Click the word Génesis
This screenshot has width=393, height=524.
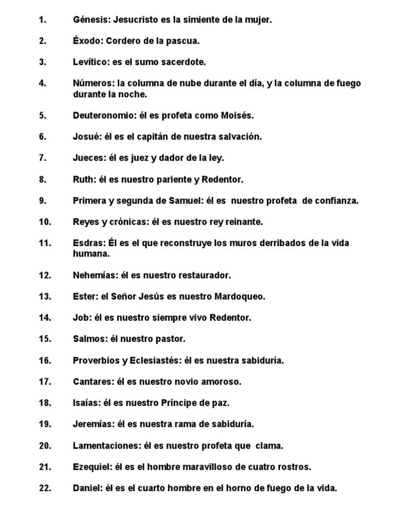point(91,20)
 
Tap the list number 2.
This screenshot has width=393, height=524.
point(42,41)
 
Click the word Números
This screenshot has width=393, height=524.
point(93,83)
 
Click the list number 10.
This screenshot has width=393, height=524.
point(45,222)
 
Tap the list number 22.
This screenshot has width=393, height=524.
point(45,488)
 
